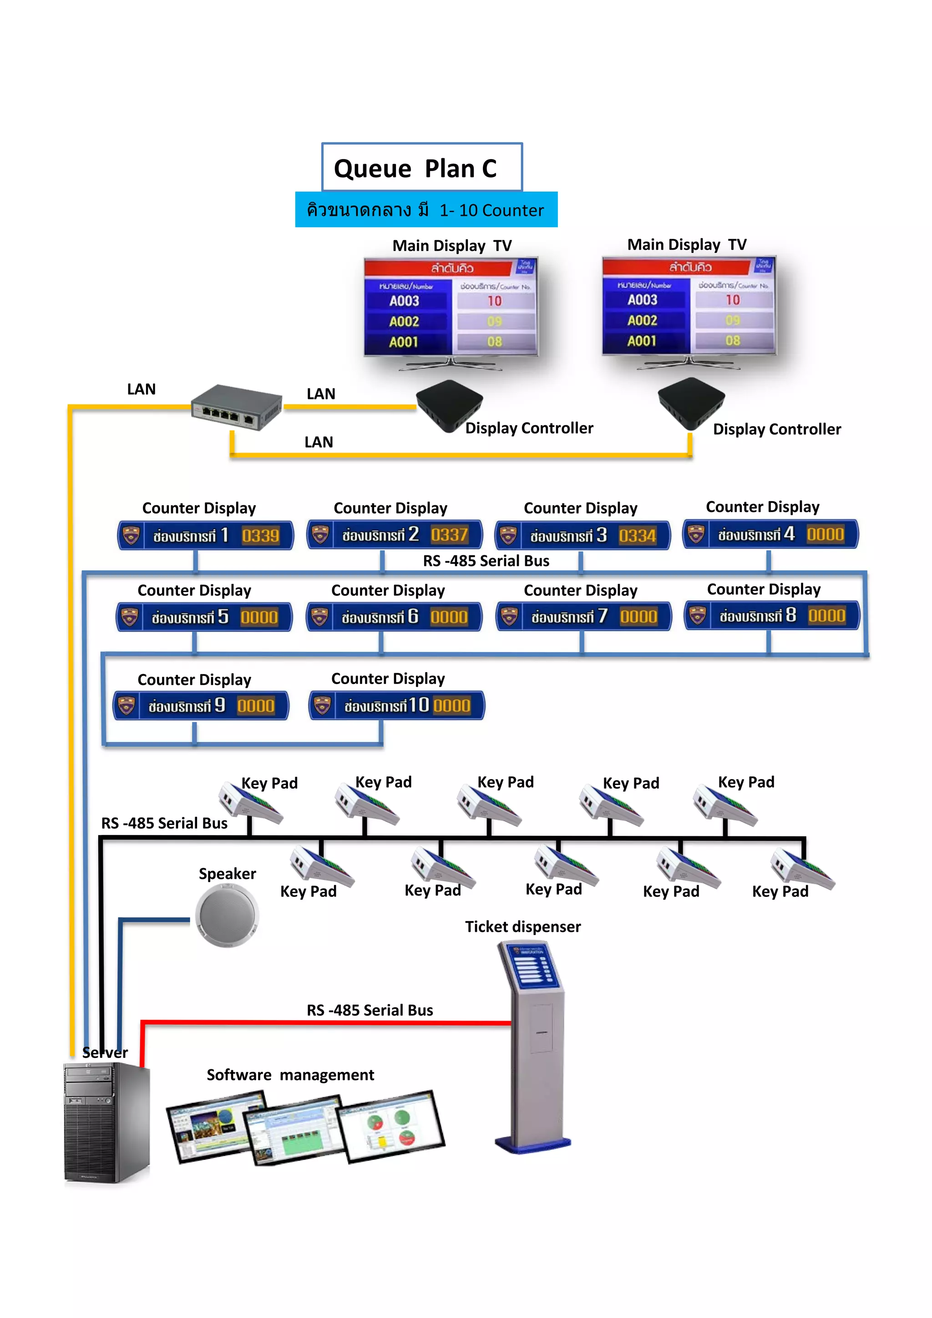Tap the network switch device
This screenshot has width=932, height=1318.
click(x=236, y=408)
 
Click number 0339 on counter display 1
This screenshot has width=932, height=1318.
click(x=260, y=536)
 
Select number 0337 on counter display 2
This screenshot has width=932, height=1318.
click(x=449, y=534)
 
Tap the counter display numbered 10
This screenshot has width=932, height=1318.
click(x=397, y=705)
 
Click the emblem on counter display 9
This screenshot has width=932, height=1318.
click(x=127, y=705)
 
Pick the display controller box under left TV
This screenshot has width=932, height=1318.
click(x=449, y=405)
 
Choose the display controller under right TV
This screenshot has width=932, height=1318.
click(x=690, y=403)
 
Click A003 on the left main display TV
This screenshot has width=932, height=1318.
click(x=404, y=301)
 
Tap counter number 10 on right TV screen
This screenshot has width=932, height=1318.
click(x=732, y=300)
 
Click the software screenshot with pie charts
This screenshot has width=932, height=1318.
click(x=390, y=1126)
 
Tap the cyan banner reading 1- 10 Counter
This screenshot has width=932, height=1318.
click(x=426, y=210)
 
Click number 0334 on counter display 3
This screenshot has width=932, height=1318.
click(x=637, y=536)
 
